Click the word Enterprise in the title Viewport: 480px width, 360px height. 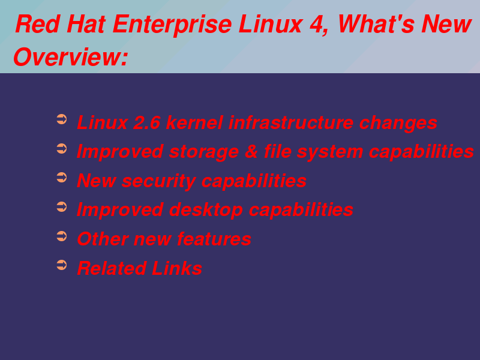[172, 25]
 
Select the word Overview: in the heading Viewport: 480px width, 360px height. [70, 57]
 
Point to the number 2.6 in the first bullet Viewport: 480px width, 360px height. [146, 123]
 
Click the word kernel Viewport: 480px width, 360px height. [194, 123]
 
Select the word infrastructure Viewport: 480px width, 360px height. [291, 123]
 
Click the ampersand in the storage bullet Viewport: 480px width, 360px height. [251, 152]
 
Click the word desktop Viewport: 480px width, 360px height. [206, 211]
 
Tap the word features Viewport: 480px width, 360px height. [214, 239]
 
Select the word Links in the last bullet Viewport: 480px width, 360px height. [176, 268]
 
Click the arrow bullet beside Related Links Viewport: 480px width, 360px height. [62, 265]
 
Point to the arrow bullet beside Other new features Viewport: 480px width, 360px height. [62, 236]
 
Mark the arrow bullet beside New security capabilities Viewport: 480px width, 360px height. [62, 178]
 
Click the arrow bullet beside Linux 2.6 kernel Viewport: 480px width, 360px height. [62, 119]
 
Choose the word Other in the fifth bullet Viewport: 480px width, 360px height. [103, 239]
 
